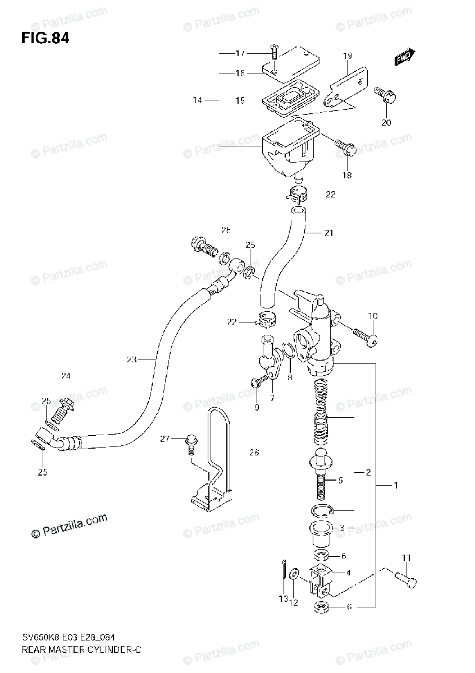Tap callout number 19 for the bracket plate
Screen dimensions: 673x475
(x=348, y=56)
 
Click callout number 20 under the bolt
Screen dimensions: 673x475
(x=386, y=123)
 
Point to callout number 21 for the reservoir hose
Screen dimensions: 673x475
(x=328, y=233)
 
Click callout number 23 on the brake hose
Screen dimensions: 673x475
(x=131, y=359)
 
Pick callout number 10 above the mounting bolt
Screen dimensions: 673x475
(x=372, y=316)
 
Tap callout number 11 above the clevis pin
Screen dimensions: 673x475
(x=406, y=557)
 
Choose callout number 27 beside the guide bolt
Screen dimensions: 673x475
(x=164, y=439)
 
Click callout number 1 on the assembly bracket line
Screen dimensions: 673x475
(x=395, y=485)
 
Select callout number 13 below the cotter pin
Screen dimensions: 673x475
(x=283, y=600)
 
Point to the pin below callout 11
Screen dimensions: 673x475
(x=406, y=578)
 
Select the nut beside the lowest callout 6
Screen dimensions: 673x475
(x=322, y=606)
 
